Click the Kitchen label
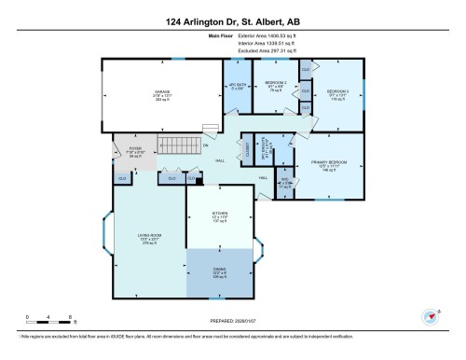(219, 219)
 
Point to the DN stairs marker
(205, 145)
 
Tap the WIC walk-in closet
(285, 185)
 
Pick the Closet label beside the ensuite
(247, 149)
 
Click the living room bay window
(107, 239)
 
